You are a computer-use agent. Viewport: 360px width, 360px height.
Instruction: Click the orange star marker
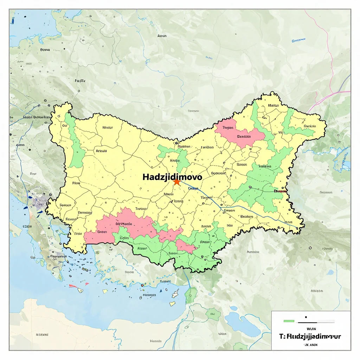pos(176,182)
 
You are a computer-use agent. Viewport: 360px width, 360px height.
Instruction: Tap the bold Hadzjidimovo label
pos(172,177)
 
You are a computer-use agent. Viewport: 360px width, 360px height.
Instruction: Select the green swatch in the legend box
pos(289,321)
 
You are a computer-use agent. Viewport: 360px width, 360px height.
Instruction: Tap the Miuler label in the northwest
pos(107,128)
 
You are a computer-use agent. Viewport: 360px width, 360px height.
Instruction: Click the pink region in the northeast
pos(239,134)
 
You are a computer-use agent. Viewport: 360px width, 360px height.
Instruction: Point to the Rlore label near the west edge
pos(76,183)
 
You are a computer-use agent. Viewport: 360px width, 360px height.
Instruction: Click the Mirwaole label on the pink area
pos(124,224)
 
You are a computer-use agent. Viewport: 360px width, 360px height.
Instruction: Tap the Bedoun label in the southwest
pos(65,205)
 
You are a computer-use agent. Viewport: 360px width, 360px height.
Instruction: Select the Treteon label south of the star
pos(141,208)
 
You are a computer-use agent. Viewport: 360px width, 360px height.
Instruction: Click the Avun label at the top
pos(162,36)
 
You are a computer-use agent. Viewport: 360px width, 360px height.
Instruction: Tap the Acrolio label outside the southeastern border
pos(253,252)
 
